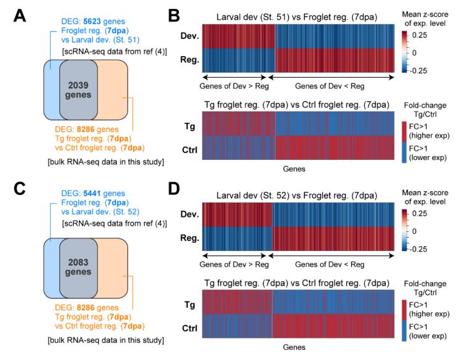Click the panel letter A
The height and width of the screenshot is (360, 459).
click(20, 13)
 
